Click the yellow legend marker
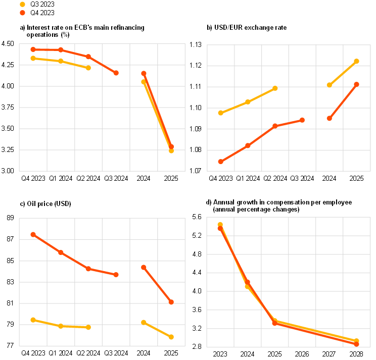click(22, 4)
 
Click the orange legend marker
click(22, 13)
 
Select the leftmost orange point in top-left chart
click(33, 49)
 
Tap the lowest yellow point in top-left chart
click(171, 150)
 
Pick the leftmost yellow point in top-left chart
click(33, 58)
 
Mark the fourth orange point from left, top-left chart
click(116, 73)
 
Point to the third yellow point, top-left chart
click(88, 68)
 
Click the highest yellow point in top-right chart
click(357, 61)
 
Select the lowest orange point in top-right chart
click(221, 162)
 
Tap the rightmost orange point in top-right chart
click(357, 84)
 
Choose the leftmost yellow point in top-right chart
click(221, 113)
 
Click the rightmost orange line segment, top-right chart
click(343, 101)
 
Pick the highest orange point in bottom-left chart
click(33, 234)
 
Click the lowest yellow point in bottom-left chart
click(171, 337)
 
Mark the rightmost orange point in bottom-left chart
click(171, 302)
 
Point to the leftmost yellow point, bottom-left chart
click(33, 320)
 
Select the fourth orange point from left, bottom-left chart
click(116, 275)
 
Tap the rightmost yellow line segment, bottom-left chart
click(158, 329)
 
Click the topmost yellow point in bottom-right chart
click(220, 224)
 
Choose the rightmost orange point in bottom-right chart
click(357, 344)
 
